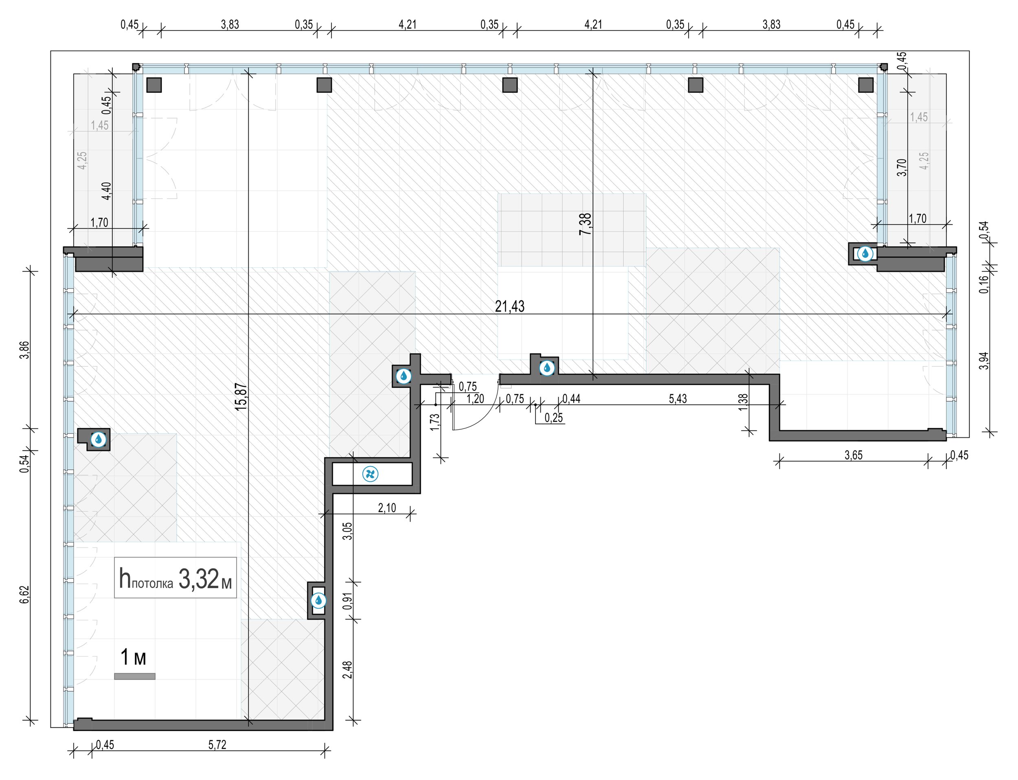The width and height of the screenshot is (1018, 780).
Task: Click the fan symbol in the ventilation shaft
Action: (x=370, y=474)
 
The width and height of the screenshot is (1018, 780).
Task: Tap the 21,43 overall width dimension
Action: (x=510, y=306)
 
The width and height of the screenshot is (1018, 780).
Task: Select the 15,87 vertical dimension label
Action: (x=241, y=396)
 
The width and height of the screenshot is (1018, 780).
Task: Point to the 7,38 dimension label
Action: (x=586, y=224)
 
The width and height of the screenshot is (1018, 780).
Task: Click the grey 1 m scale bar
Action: (x=135, y=677)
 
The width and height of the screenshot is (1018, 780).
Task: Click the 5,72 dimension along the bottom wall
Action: (x=217, y=745)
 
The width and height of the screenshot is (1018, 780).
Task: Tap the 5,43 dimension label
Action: (x=678, y=398)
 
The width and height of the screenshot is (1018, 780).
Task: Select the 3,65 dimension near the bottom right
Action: (x=853, y=455)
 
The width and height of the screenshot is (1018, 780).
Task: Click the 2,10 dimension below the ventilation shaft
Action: (x=387, y=508)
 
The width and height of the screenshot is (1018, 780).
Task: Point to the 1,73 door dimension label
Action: (x=434, y=422)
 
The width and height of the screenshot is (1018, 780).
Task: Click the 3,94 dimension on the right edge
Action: (x=984, y=361)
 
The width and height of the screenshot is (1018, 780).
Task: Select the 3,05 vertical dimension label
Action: (x=347, y=531)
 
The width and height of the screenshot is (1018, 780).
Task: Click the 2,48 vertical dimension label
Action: (x=347, y=670)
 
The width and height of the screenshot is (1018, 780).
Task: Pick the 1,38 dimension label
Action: (x=743, y=402)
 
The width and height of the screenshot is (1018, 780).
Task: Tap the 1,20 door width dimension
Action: (x=475, y=398)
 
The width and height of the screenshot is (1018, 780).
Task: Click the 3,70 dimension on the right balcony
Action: (x=902, y=167)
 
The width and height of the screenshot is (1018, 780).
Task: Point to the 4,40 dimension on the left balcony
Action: (x=106, y=191)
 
